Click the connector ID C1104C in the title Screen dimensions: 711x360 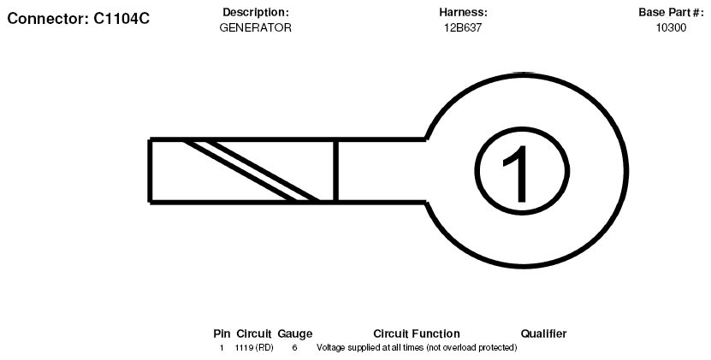pos(121,19)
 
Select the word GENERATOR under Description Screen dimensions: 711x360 pos(255,27)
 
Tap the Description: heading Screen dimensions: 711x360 pos(255,12)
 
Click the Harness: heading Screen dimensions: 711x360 pos(463,12)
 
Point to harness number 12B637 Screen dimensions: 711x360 pos(463,27)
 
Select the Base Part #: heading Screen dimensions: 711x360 pos(671,12)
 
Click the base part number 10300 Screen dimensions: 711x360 pos(671,27)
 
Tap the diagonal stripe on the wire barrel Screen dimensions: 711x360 pos(252,170)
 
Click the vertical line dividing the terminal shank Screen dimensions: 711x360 pos(335,170)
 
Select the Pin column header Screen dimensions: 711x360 pos(222,334)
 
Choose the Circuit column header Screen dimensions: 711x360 pos(254,334)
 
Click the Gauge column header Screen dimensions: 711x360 pos(294,334)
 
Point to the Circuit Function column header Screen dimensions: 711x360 pos(417,334)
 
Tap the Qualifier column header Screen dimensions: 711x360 pos(543,334)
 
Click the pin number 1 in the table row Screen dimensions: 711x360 pos(222,348)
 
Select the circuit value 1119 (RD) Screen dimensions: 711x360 pos(254,348)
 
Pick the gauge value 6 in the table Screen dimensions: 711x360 pos(294,348)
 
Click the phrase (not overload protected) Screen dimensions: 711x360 pos(471,348)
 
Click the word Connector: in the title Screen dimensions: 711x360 pos(49,19)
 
